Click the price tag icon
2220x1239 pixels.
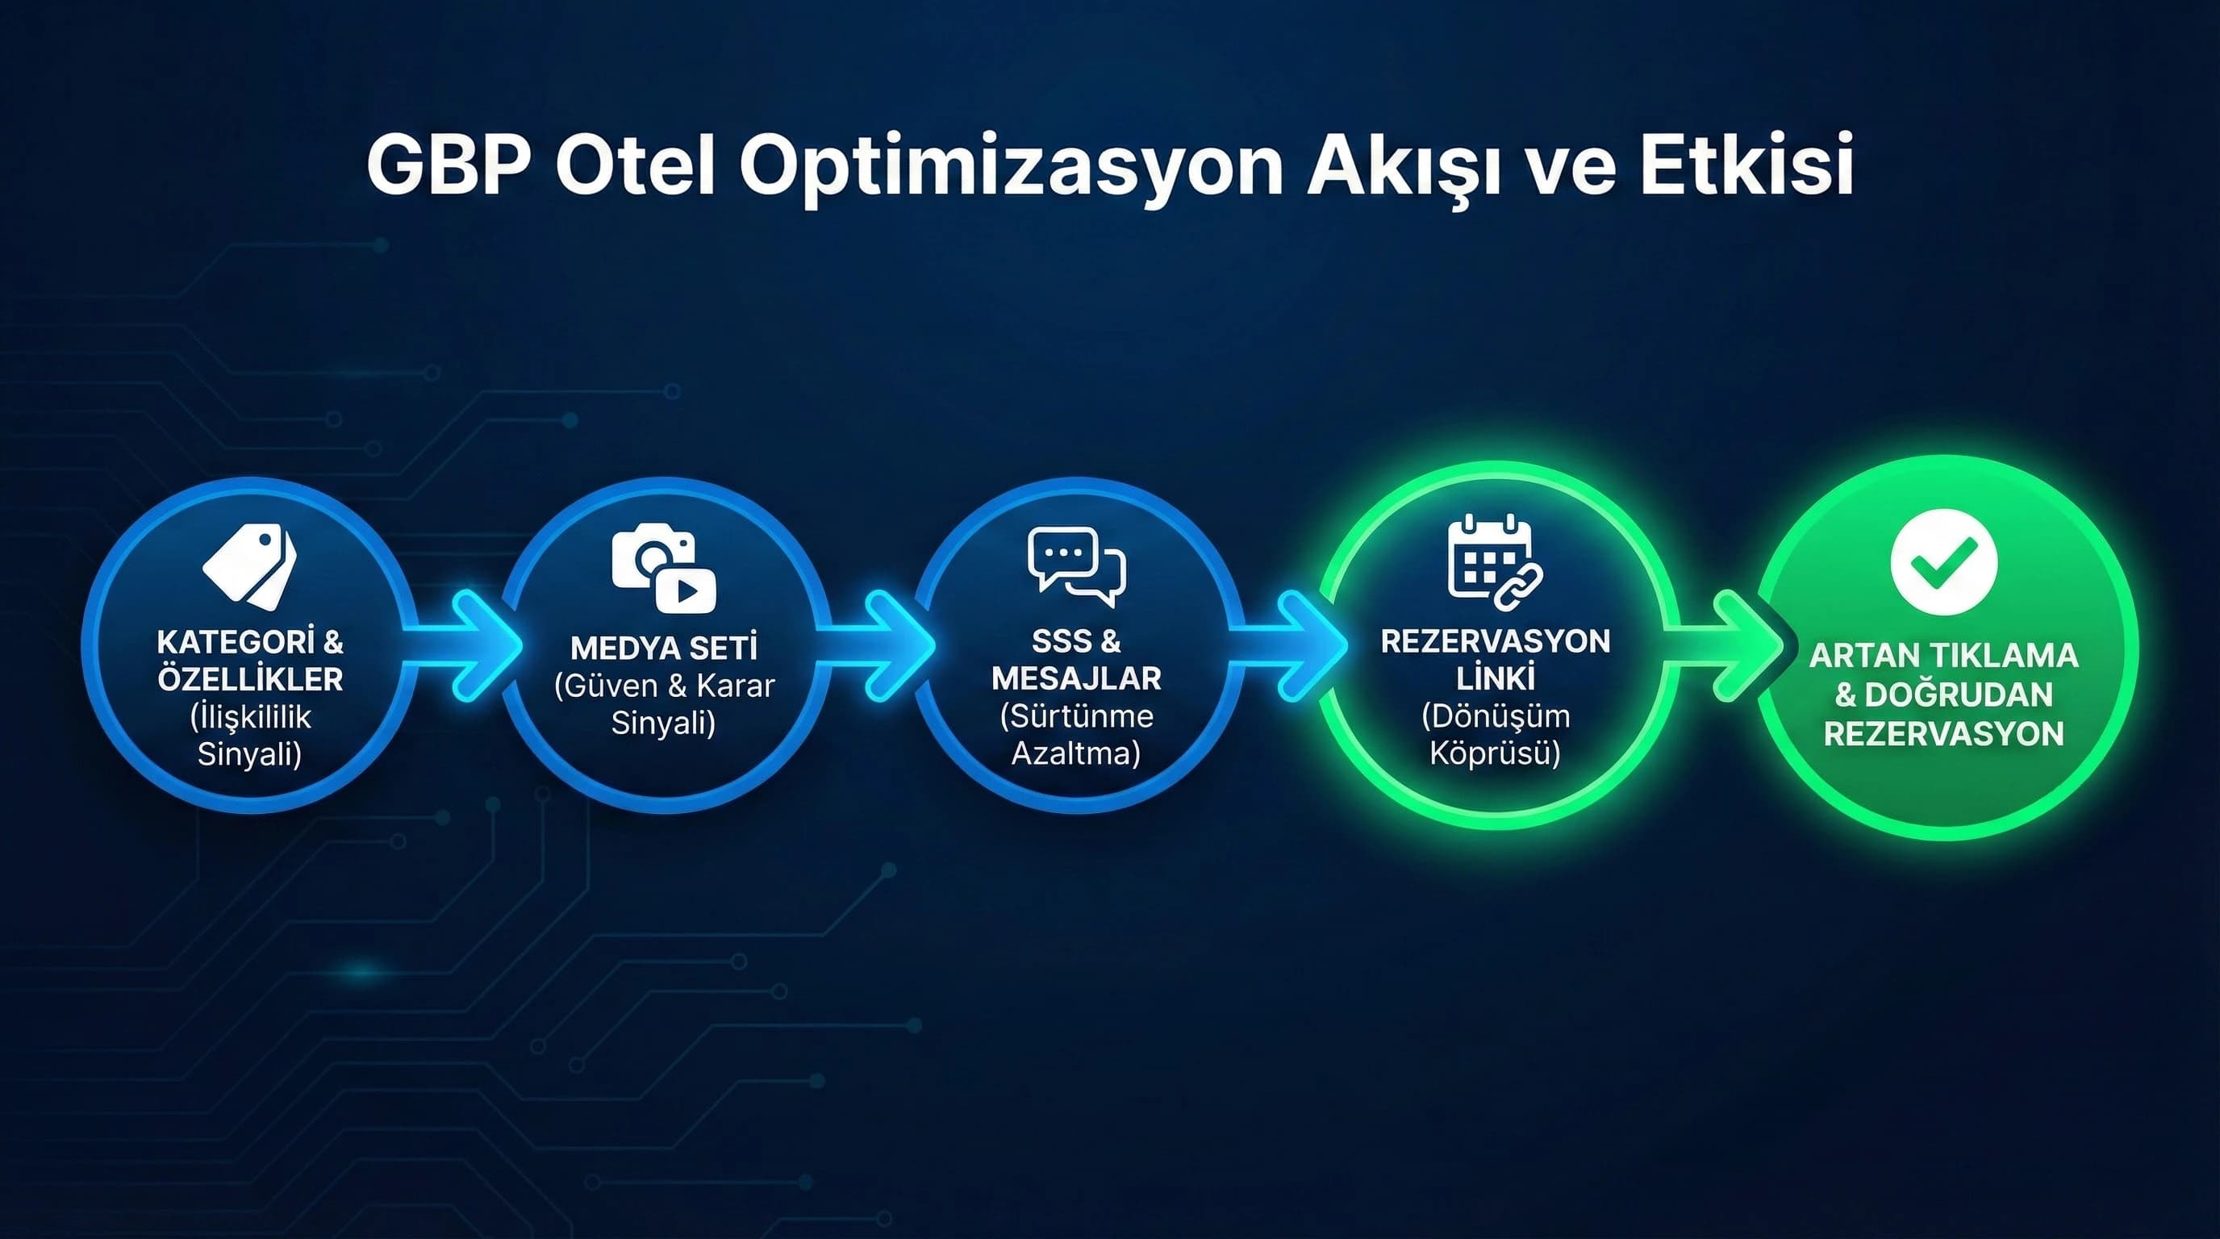point(250,567)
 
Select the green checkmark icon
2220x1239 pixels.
point(1943,561)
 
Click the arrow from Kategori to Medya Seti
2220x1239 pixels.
point(465,645)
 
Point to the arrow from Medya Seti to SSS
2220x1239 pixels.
point(879,645)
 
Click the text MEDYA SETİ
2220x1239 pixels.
point(664,648)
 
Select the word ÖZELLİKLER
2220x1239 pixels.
point(250,680)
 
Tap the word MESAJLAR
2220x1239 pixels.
point(1076,679)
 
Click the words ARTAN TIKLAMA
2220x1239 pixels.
point(1943,656)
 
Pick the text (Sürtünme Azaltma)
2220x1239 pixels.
point(1076,735)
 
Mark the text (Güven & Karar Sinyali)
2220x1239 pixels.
point(664,704)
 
